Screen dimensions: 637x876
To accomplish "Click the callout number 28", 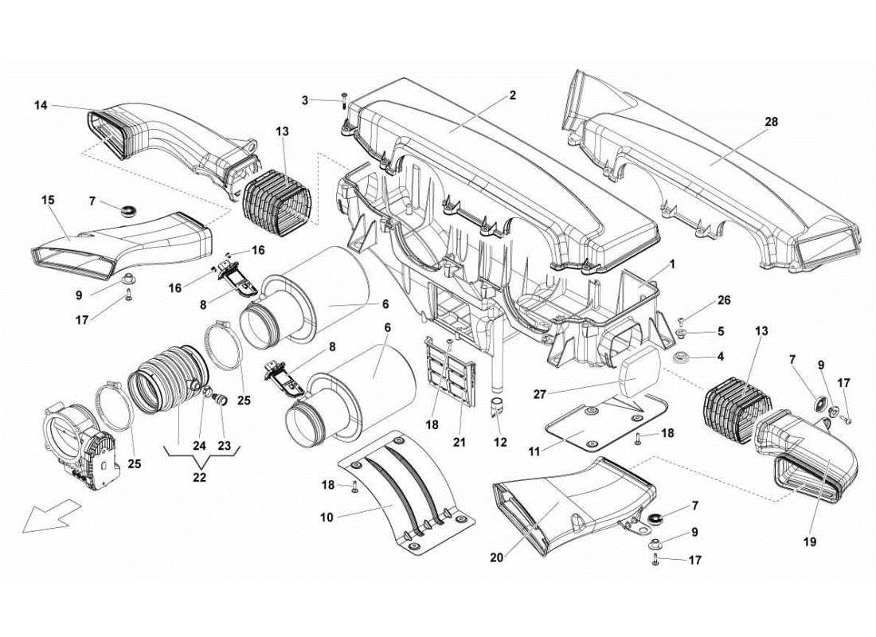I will click(x=770, y=123).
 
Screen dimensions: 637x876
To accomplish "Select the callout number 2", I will click(x=512, y=96).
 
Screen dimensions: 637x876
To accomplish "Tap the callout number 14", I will click(x=41, y=104).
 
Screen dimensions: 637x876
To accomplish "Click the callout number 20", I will click(x=497, y=558).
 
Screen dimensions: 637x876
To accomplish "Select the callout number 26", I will click(x=722, y=301).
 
